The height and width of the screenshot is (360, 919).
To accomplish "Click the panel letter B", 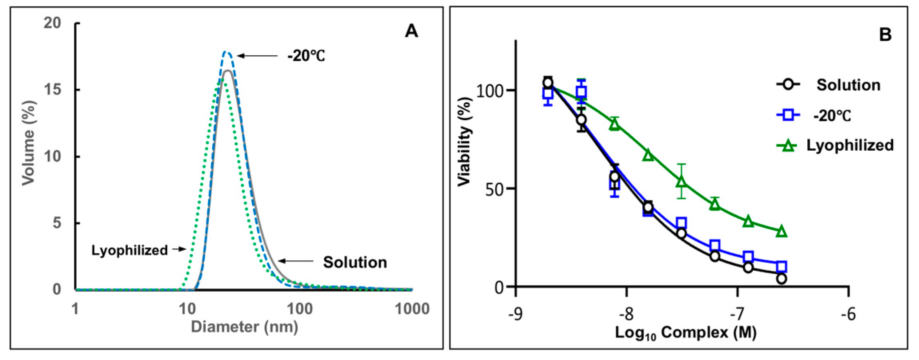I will click(885, 35).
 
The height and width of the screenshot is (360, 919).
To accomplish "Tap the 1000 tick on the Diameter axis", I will click(412, 309).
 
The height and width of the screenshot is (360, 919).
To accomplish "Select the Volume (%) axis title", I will click(28, 143).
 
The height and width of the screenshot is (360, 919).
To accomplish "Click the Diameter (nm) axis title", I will click(244, 327).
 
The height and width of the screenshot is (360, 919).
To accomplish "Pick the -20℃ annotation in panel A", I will click(306, 56).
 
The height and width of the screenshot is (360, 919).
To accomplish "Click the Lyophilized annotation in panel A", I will click(130, 250).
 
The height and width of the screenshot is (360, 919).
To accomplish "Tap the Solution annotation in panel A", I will click(355, 262).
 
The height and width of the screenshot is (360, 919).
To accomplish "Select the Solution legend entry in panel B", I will click(848, 85).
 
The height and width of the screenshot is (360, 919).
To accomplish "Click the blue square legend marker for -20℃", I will click(788, 115).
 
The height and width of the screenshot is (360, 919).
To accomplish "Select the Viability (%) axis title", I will click(465, 141).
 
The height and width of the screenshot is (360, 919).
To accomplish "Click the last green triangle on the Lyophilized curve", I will click(781, 231).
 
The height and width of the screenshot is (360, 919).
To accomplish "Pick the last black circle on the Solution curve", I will click(781, 279).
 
